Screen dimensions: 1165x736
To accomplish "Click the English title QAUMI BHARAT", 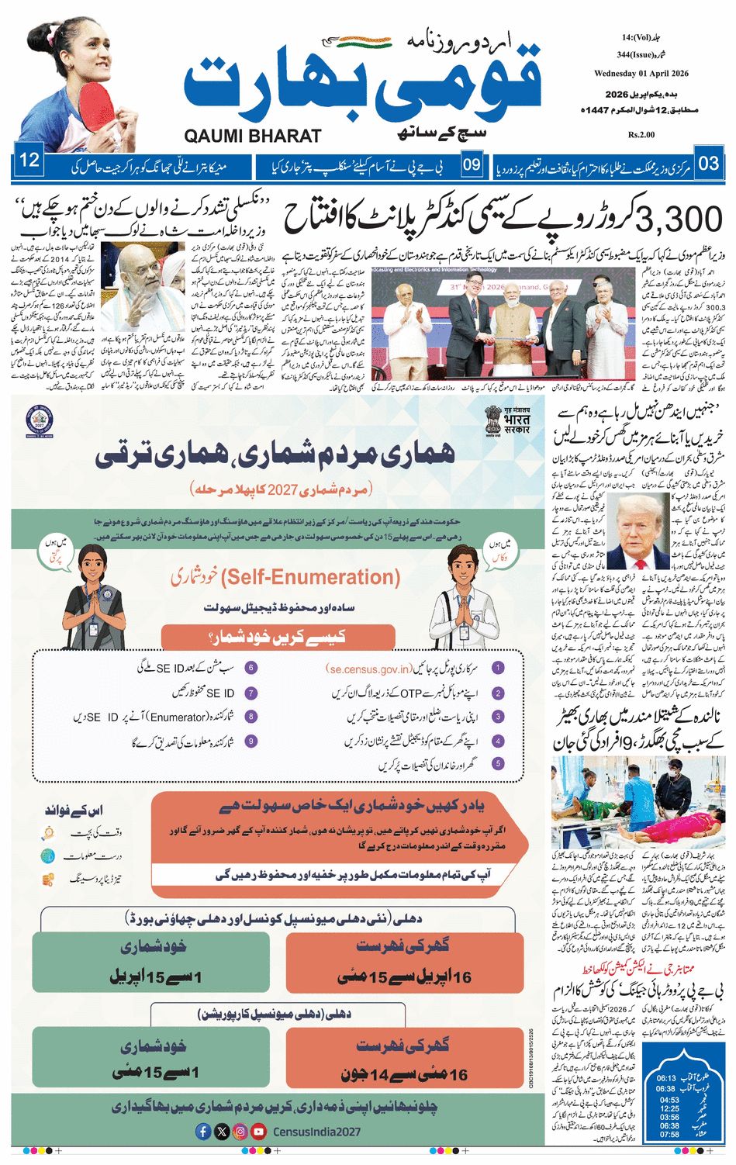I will (252, 136).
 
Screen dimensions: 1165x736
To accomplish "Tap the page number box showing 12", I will (29, 161).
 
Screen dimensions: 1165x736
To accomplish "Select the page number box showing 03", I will (708, 164).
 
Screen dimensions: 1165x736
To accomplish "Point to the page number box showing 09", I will (472, 164).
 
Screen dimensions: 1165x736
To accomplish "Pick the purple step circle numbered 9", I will (251, 742).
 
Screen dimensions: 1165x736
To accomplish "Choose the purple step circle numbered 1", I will (498, 668).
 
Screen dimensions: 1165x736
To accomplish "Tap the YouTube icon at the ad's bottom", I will (258, 1132).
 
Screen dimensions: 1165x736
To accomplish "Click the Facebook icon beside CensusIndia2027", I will (203, 1132).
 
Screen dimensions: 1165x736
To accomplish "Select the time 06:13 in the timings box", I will (666, 1078).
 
